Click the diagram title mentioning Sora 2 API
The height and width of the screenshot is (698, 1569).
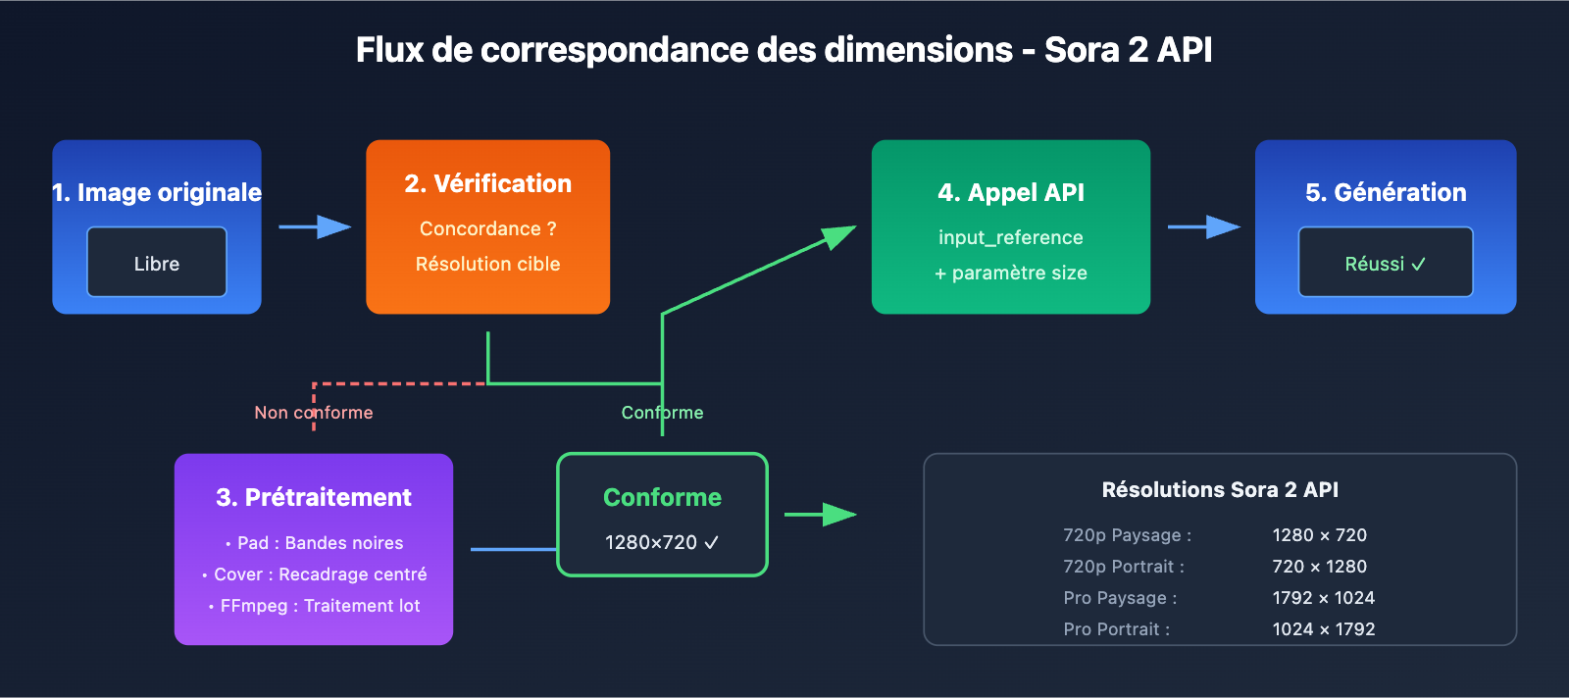(x=784, y=50)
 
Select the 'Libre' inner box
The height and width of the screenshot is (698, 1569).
(x=157, y=263)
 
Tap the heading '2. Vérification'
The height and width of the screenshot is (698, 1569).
(x=487, y=183)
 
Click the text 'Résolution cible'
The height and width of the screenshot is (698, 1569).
(x=487, y=264)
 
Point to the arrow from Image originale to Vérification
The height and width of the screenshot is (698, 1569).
(x=315, y=227)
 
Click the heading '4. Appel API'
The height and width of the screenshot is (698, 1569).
(x=1010, y=192)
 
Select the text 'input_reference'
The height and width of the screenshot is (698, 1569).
(x=1010, y=237)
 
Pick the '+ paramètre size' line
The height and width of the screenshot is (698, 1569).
(x=1010, y=273)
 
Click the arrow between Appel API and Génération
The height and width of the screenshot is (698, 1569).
(x=1203, y=227)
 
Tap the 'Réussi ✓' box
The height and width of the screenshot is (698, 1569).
(x=1385, y=263)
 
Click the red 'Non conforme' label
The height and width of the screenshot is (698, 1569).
(x=313, y=413)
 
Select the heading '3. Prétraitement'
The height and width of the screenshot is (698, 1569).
(x=314, y=497)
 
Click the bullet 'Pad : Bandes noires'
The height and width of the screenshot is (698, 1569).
(x=315, y=543)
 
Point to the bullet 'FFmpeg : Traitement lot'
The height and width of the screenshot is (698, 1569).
(x=315, y=606)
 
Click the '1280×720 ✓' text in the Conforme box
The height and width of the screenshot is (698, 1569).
(x=662, y=542)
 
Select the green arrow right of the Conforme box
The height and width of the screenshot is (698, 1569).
(x=821, y=514)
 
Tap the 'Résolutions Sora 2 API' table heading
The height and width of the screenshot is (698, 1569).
(x=1220, y=489)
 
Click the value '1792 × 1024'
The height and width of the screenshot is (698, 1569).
(x=1323, y=598)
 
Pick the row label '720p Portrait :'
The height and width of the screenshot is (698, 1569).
(x=1124, y=567)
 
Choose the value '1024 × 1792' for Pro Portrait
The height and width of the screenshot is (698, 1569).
(x=1323, y=629)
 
